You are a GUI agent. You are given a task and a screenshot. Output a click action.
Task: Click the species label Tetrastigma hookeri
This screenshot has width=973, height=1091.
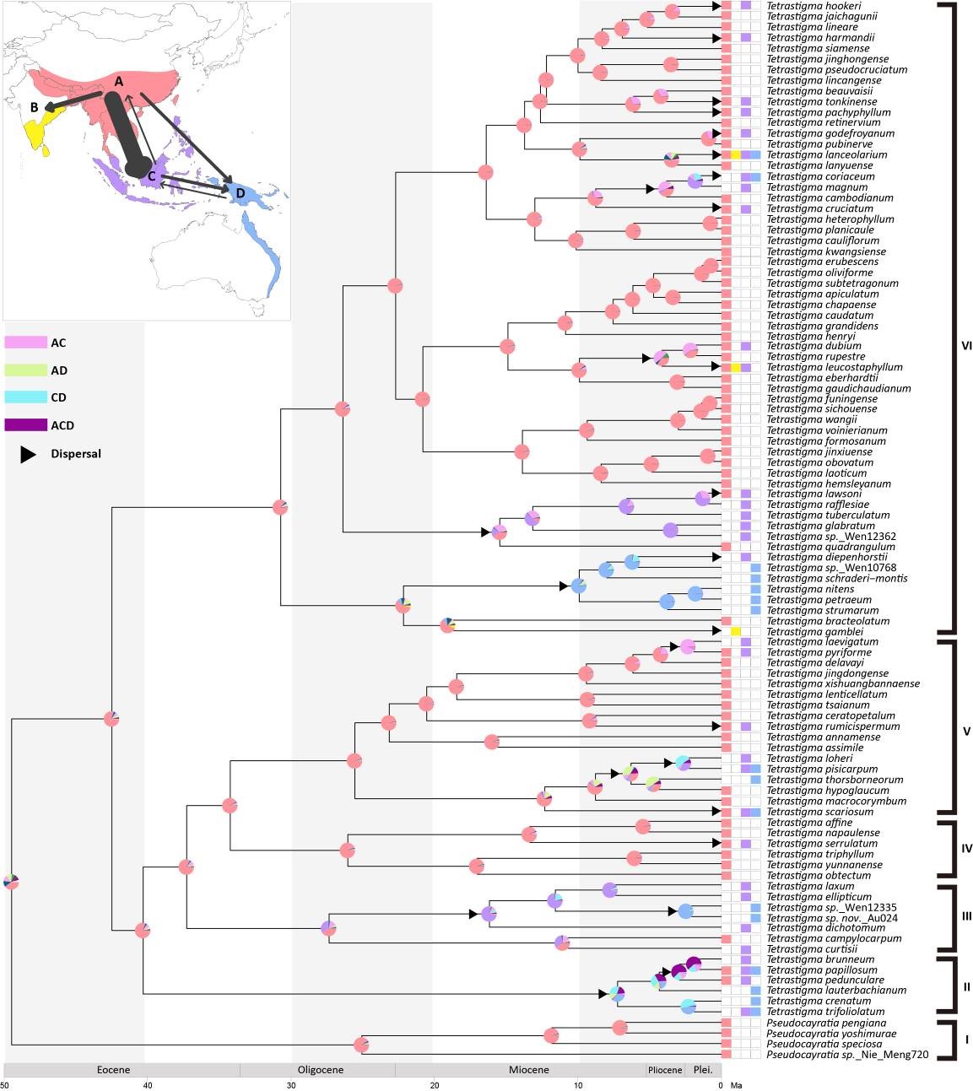802,6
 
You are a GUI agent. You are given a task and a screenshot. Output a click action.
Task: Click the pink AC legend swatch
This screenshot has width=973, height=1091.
25,343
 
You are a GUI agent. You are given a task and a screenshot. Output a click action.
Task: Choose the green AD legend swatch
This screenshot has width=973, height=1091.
25,370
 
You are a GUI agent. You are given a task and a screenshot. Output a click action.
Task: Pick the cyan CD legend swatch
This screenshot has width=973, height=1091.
25,397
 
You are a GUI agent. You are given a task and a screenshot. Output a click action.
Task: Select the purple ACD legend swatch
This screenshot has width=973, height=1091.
25,425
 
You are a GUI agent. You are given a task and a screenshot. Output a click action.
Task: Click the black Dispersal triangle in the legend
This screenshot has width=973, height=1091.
29,454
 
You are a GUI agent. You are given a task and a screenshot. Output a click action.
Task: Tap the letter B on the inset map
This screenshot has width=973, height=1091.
35,107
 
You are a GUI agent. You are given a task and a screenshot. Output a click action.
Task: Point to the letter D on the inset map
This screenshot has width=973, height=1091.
241,193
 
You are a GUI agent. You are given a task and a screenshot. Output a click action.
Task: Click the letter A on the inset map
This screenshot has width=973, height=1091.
119,82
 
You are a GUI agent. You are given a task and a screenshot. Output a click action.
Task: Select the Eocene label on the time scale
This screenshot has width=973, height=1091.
114,1070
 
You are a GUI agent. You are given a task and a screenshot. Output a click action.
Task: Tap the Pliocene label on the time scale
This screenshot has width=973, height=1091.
665,1070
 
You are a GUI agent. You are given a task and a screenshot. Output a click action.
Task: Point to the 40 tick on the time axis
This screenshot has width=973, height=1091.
148,1085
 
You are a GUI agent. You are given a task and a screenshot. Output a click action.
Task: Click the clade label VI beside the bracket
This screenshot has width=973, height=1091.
967,345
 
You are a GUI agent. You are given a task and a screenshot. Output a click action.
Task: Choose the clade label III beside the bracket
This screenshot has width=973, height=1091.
967,916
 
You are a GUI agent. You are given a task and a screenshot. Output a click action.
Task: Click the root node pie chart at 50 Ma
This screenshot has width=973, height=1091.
11,882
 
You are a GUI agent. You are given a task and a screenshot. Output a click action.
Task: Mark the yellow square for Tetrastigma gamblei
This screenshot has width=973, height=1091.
736,631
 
